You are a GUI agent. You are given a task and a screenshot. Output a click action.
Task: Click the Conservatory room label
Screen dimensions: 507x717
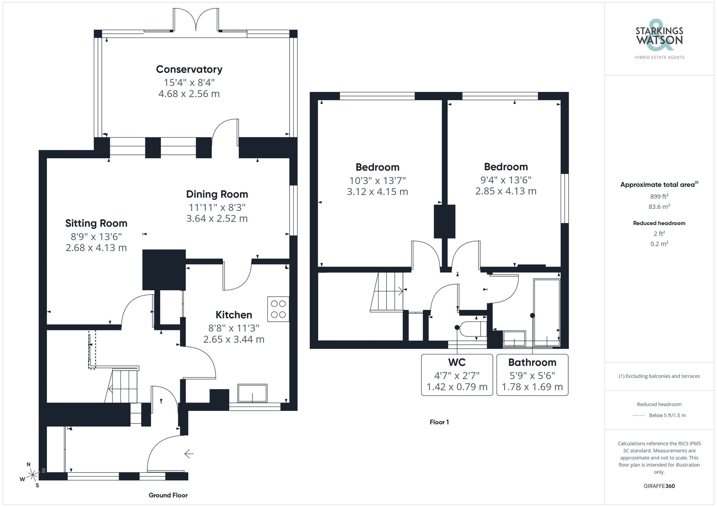point(189,69)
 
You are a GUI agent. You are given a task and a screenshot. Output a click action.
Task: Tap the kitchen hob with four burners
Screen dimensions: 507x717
point(278,309)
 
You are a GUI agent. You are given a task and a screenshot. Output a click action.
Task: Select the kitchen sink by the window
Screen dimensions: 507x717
point(252,393)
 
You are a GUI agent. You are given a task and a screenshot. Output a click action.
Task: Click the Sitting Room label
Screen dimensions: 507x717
point(96,223)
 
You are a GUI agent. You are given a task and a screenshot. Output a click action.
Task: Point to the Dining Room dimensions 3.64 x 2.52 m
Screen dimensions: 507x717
point(217,219)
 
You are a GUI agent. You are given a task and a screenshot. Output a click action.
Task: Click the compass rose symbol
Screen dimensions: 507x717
point(33,475)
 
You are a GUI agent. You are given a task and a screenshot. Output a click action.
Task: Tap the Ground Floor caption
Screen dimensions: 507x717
point(168,495)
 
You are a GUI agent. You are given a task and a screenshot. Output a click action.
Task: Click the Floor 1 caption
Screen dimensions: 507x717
point(439,422)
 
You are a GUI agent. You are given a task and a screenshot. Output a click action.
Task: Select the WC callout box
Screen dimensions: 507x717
point(457,375)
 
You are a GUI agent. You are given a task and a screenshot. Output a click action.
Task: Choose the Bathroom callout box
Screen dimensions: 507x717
point(532,375)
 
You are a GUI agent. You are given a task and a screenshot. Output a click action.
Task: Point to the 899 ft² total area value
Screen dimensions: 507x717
point(659,196)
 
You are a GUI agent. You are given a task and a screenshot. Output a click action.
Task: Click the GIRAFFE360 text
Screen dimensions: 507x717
point(659,486)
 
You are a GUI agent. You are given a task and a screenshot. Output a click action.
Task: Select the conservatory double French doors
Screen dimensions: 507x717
point(196,21)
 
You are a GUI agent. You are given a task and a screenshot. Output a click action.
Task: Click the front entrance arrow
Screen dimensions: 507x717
point(189,454)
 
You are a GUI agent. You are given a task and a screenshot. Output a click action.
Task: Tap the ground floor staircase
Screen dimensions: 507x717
point(122,386)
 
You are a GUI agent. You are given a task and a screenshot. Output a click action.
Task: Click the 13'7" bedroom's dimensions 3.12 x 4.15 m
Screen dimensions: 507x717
point(377,192)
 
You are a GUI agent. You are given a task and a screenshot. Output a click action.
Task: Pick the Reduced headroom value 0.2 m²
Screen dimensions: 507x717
point(659,244)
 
